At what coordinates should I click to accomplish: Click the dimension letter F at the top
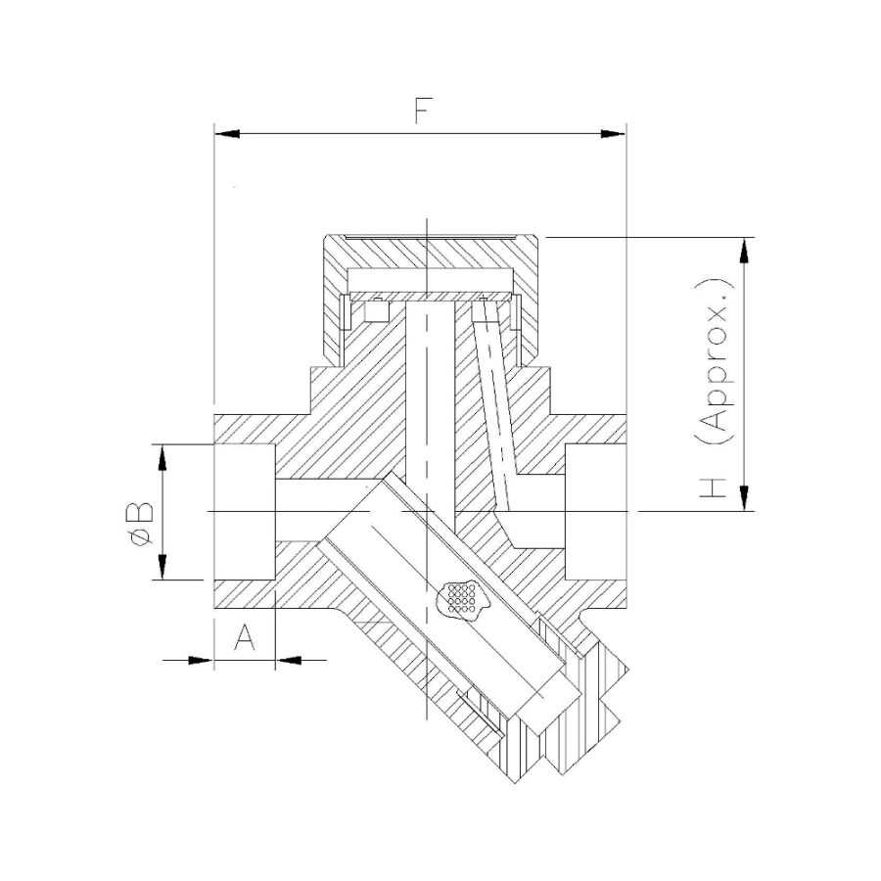pyautogui.click(x=422, y=112)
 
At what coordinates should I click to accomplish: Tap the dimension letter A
pyautogui.click(x=245, y=639)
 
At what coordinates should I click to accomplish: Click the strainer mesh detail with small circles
pyautogui.click(x=459, y=597)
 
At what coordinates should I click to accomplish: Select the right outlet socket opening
pyautogui.click(x=595, y=512)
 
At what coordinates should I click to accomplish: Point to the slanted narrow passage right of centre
pyautogui.click(x=494, y=392)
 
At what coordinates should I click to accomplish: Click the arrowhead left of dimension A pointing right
pyautogui.click(x=201, y=661)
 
